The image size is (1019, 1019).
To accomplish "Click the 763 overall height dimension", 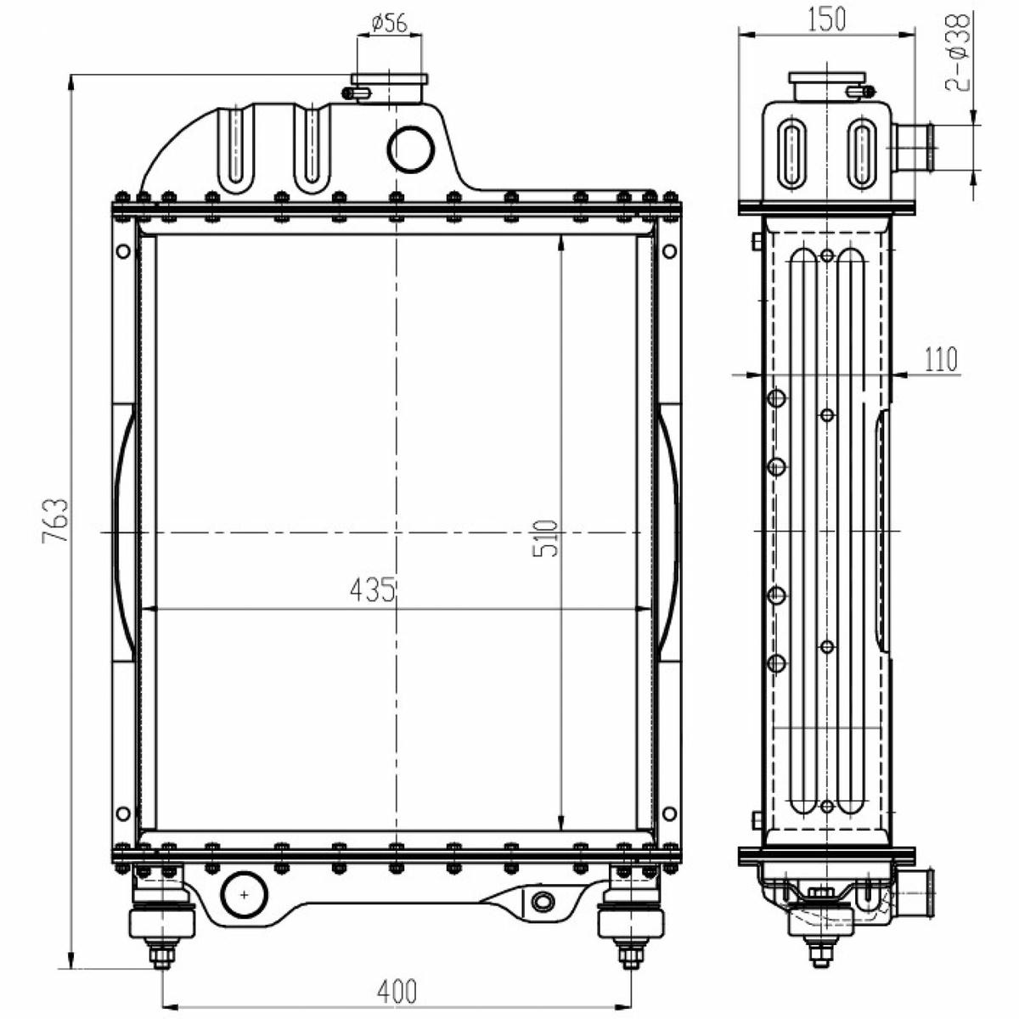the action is coord(55,520).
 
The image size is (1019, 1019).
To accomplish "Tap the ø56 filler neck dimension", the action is coord(390,23).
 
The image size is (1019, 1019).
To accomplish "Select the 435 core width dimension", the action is coord(373,589).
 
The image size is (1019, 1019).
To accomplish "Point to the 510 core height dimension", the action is coord(545,538).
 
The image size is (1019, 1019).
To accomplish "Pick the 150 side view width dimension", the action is coord(826,19).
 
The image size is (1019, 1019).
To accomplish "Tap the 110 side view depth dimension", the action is coord(941,359).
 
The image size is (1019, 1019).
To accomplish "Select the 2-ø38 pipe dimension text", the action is coord(957,53).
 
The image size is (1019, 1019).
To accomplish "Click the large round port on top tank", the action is coord(411,150).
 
